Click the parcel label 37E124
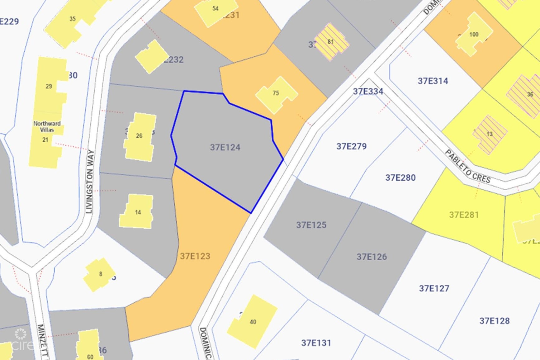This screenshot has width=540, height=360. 225,147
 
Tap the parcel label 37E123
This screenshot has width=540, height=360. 195,256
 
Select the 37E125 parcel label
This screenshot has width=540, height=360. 311,225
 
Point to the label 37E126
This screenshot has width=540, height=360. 372,257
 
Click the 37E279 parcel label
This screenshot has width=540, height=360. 351,146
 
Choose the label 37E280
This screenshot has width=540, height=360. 400,178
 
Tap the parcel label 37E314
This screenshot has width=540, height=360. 433,81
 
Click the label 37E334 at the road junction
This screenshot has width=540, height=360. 368,91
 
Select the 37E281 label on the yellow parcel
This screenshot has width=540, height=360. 464,215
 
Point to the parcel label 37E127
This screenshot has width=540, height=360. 434,288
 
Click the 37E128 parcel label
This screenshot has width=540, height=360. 494,321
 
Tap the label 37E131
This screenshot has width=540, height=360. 316,343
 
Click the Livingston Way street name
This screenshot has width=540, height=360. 90,182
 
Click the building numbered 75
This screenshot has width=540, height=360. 276,93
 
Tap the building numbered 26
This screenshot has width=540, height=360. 139,136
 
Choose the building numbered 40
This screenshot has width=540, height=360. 253,322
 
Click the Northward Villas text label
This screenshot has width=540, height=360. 47,126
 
